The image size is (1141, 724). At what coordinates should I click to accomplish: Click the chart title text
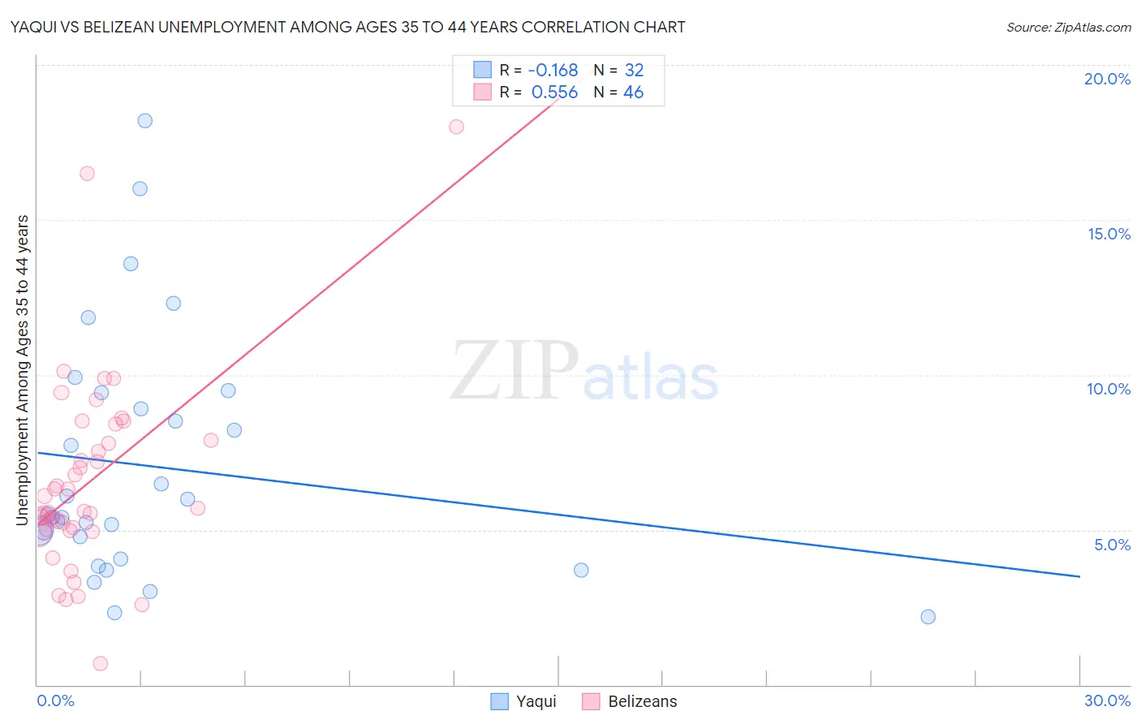(347, 27)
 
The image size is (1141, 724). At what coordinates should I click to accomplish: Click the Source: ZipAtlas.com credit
(1068, 27)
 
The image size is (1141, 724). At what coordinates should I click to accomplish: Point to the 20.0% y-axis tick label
(1107, 79)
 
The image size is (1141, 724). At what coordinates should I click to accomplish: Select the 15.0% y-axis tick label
(1109, 234)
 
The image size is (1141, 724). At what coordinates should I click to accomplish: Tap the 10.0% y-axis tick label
(1109, 389)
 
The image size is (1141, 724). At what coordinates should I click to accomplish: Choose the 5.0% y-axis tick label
(1112, 545)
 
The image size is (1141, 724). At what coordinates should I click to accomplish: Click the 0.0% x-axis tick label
(55, 700)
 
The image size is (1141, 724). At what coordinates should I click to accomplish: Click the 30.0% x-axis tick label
(1107, 700)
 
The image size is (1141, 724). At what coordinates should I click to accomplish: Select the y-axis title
(23, 370)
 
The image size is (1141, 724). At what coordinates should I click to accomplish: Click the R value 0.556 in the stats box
(554, 93)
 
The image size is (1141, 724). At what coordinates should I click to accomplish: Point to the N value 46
(633, 93)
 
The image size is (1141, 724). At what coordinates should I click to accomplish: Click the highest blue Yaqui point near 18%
(144, 121)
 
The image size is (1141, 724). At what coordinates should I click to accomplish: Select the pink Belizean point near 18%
(456, 127)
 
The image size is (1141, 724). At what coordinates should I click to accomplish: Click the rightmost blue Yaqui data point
(928, 617)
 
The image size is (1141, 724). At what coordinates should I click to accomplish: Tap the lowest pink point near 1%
(101, 663)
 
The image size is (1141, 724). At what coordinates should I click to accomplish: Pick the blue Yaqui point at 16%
(140, 188)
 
